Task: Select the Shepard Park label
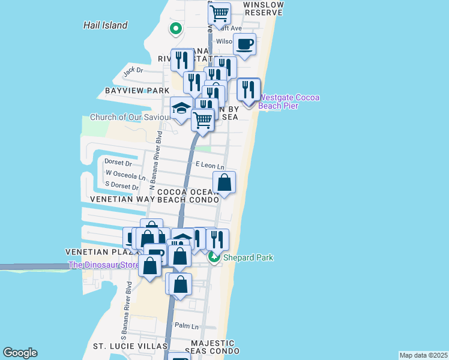click(248, 258)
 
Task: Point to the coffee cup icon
click(245, 44)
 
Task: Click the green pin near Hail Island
click(176, 28)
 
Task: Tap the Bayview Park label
click(137, 91)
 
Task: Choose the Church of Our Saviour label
click(129, 117)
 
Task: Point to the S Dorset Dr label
click(122, 187)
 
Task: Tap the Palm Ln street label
click(186, 326)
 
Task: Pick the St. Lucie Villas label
click(130, 346)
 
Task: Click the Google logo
click(20, 353)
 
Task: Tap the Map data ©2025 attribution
click(423, 355)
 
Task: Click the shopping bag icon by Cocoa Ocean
click(224, 182)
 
